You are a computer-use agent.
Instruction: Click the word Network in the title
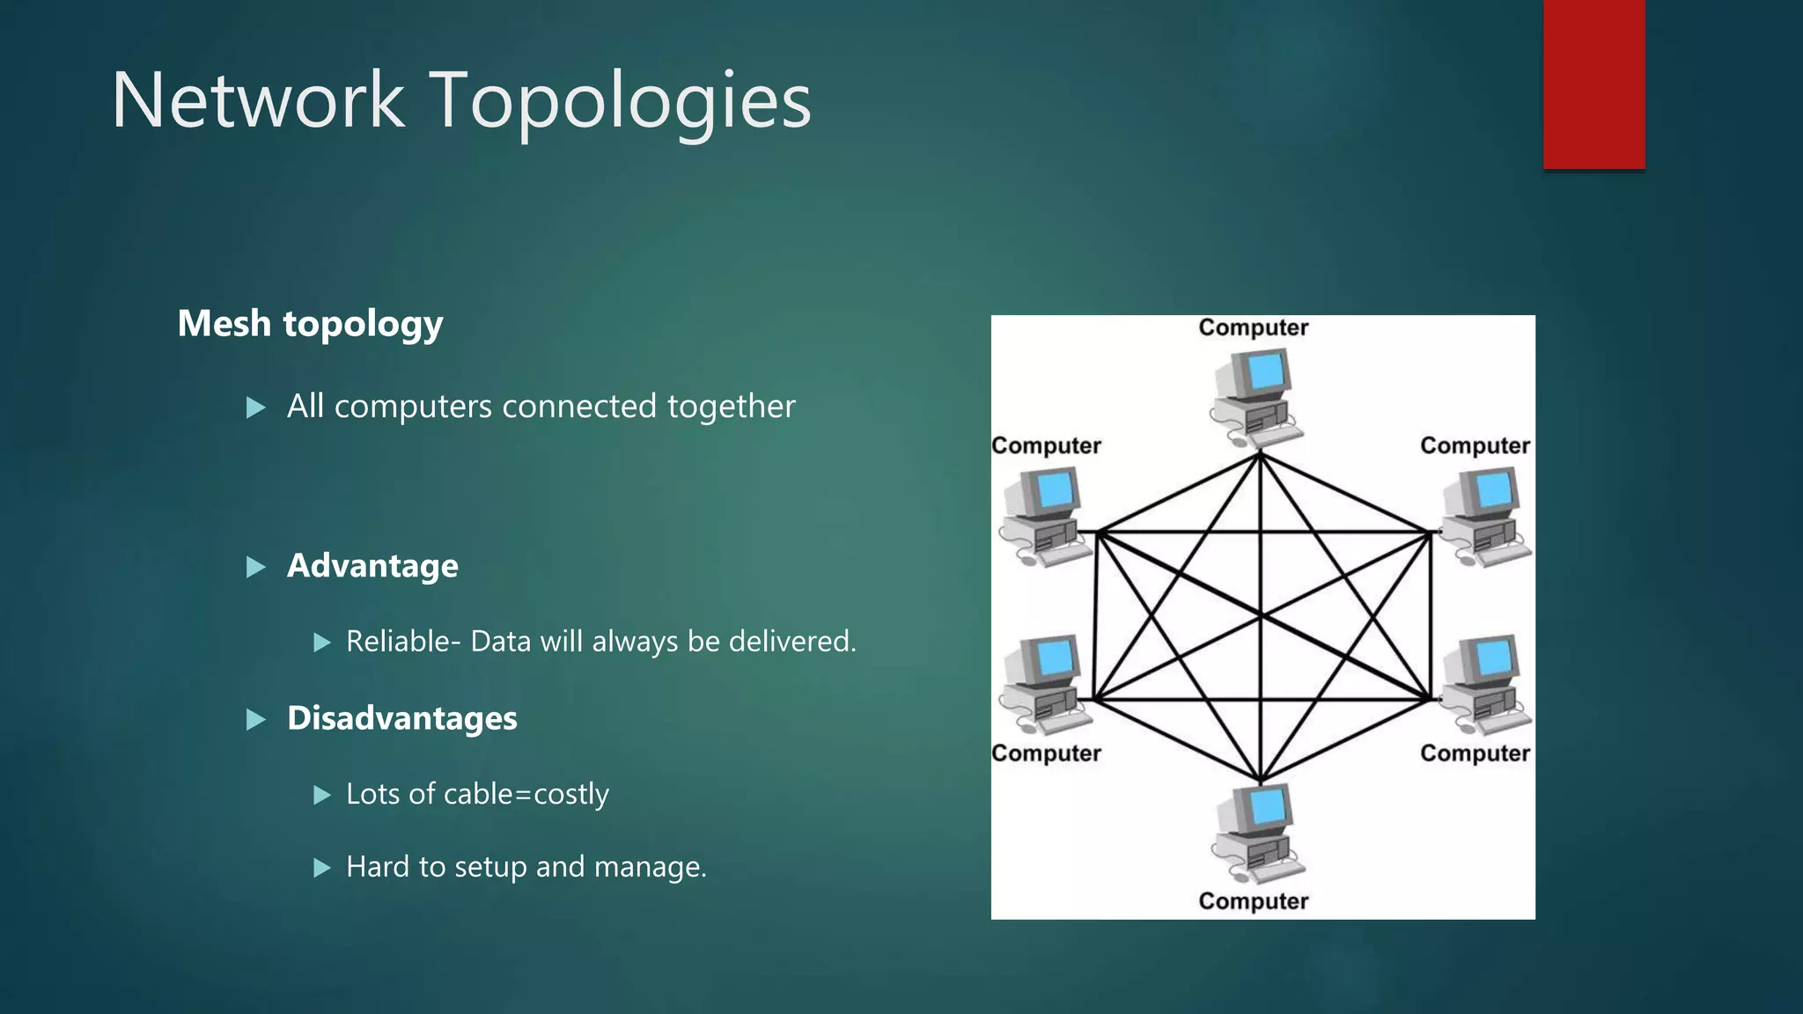click(x=258, y=100)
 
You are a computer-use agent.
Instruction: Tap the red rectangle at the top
click(x=1593, y=84)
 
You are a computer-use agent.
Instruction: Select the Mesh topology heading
click(x=310, y=324)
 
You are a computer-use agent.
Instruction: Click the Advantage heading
click(x=372, y=566)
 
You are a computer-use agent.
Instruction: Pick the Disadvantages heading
click(x=401, y=718)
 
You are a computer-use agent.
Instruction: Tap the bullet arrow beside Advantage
click(x=256, y=567)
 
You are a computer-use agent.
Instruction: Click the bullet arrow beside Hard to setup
click(x=322, y=868)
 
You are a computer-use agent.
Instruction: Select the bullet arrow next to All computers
click(x=256, y=408)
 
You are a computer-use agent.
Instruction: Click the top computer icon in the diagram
click(x=1255, y=396)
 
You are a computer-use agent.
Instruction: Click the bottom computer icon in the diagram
click(x=1255, y=833)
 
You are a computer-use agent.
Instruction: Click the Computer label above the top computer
click(x=1254, y=327)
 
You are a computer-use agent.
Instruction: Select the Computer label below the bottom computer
click(x=1254, y=901)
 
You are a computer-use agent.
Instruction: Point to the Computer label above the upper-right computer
click(x=1475, y=445)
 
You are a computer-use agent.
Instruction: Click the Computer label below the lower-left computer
click(x=1046, y=753)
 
